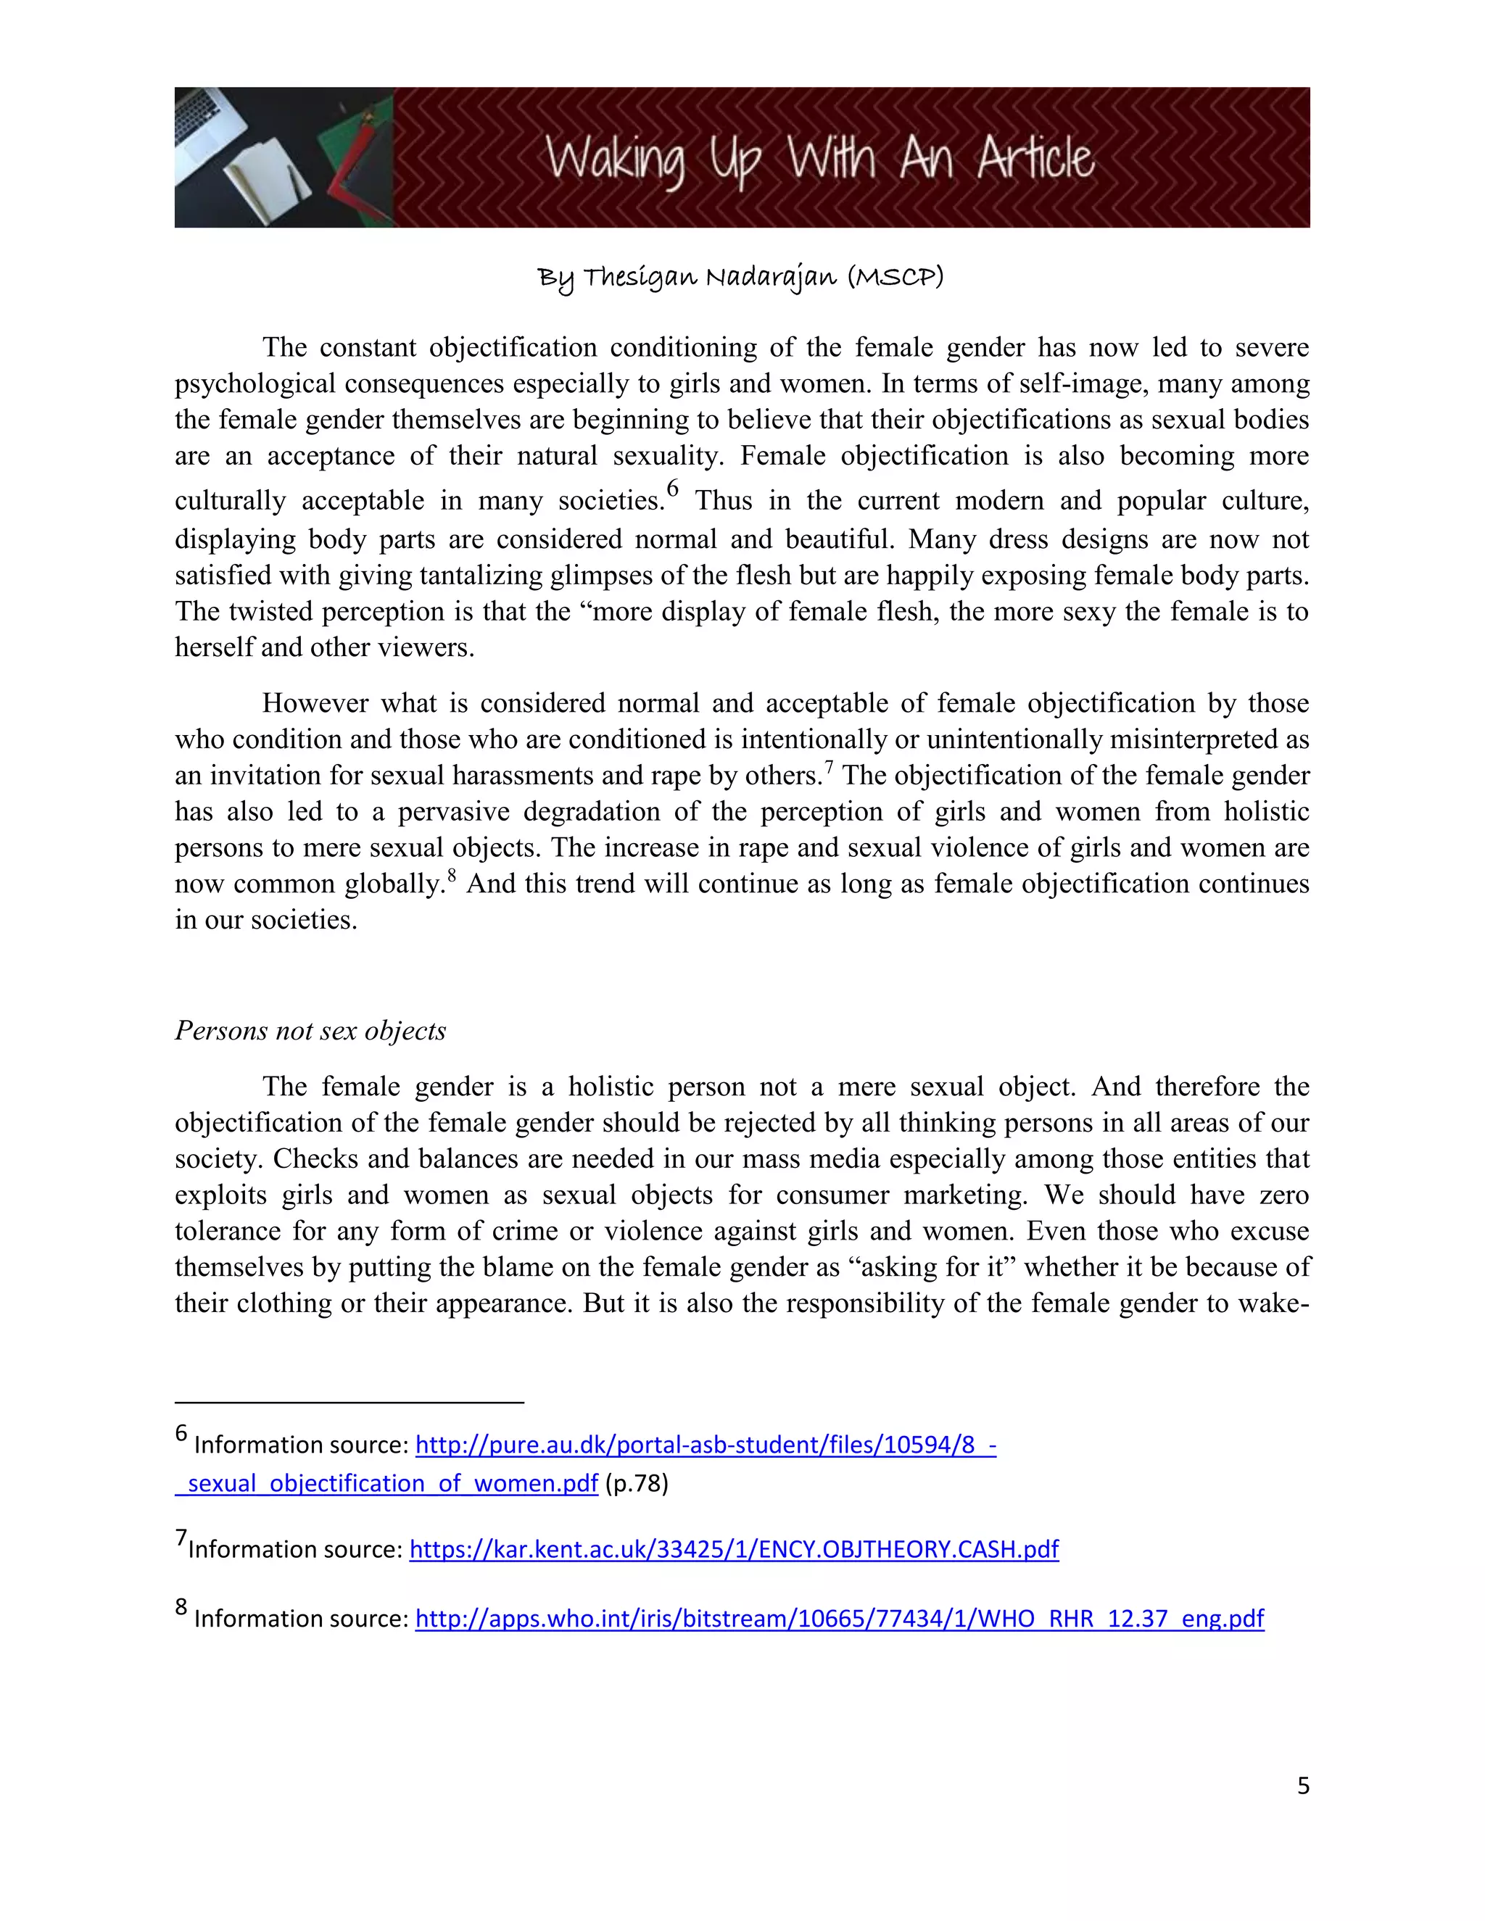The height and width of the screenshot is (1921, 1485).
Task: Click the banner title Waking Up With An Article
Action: [x=819, y=160]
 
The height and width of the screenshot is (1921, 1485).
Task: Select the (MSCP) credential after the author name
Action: [x=895, y=277]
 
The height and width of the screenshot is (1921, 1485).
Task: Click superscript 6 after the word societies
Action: [x=673, y=488]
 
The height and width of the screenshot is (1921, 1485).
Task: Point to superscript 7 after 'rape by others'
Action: [x=829, y=767]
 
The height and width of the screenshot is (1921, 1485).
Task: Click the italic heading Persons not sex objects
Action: [x=310, y=1030]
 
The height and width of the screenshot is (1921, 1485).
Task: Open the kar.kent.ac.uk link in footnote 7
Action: [x=734, y=1549]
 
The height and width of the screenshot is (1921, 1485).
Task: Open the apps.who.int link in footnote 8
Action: [x=839, y=1619]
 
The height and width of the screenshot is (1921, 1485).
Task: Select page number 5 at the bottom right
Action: [x=1303, y=1785]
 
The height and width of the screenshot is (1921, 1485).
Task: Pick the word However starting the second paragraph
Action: [x=314, y=704]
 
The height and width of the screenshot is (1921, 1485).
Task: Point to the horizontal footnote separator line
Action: [x=349, y=1401]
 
